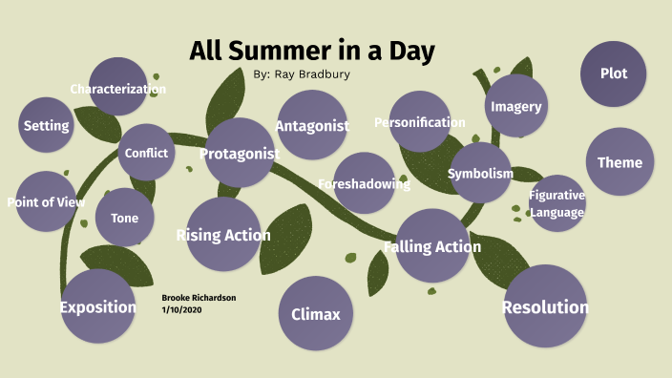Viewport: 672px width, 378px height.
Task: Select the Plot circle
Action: tap(614, 73)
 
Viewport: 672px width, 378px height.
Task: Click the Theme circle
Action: tap(619, 162)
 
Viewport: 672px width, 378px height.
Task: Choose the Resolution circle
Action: tap(544, 306)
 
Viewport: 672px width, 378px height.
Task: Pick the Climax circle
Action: tap(315, 314)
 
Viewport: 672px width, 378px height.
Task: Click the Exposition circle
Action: tap(98, 306)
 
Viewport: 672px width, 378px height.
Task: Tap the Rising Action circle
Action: tap(223, 235)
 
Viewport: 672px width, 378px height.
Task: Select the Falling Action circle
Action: tap(432, 246)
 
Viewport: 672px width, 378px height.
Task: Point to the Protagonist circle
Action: tap(239, 153)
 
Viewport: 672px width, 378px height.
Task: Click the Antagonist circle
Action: tap(311, 125)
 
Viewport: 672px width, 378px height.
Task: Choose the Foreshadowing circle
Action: tap(364, 183)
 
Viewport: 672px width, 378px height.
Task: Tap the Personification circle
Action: tap(420, 122)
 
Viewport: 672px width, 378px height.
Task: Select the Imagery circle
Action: tap(516, 107)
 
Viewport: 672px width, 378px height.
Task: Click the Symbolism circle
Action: tap(480, 174)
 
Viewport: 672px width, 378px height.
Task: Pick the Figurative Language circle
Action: tap(556, 203)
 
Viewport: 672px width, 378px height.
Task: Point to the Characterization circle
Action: tap(117, 89)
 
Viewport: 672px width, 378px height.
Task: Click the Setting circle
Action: tap(46, 125)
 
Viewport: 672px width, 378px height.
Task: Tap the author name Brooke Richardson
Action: tap(199, 298)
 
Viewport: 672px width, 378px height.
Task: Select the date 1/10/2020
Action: tap(182, 309)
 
